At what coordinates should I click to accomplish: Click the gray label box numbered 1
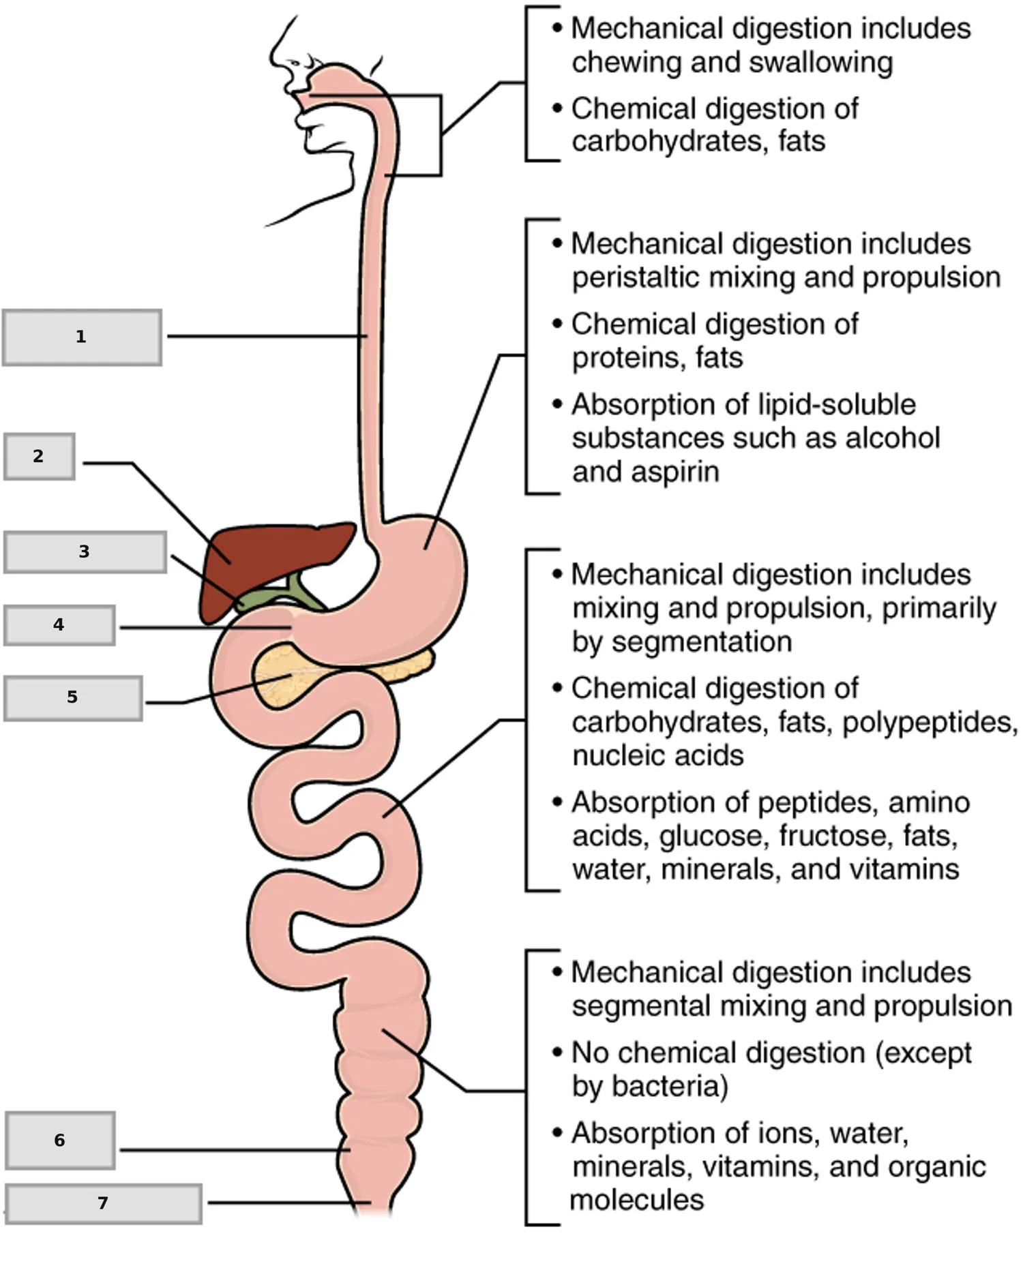coord(82,337)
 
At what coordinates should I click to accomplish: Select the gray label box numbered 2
coord(40,456)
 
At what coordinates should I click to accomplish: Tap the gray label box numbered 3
coord(85,551)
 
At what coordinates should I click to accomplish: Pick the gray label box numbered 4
coord(59,625)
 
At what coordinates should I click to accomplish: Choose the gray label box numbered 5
coord(73,698)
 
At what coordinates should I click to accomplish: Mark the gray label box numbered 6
coord(60,1140)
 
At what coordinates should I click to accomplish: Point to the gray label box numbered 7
coord(103,1204)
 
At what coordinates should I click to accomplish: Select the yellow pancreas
coord(327,675)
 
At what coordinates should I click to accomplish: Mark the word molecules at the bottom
coord(637,1200)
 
